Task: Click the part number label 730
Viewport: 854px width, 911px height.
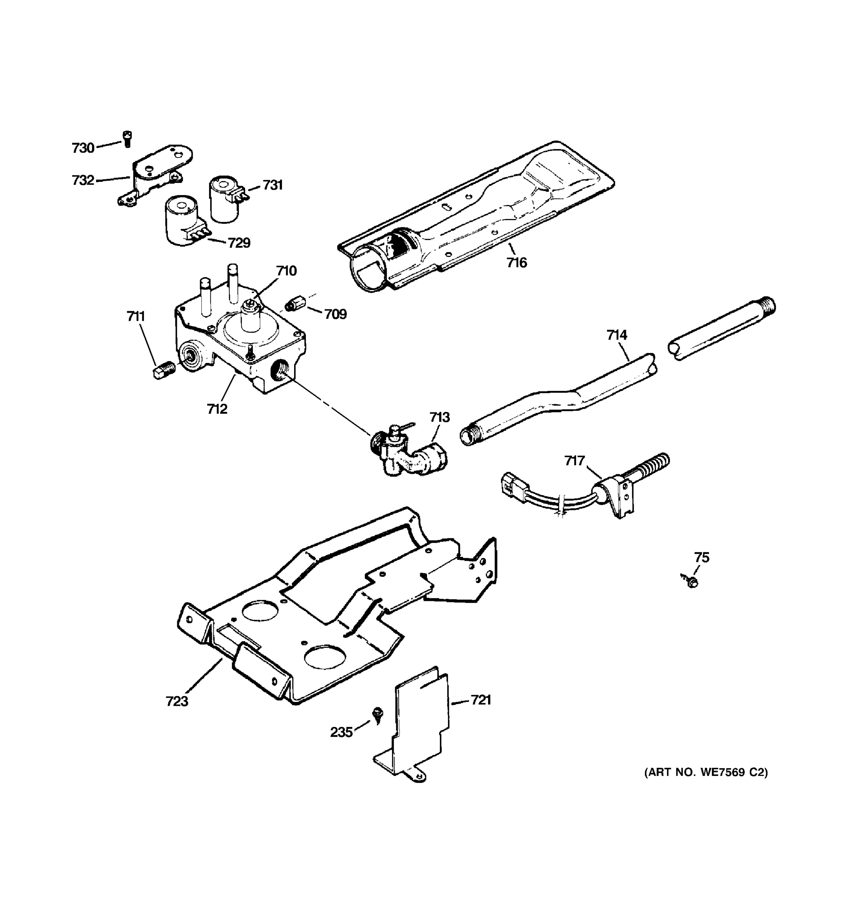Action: tap(83, 148)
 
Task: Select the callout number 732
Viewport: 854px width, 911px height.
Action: tap(83, 180)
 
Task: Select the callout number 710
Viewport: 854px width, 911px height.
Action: tap(286, 271)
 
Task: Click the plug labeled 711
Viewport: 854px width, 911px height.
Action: tap(163, 369)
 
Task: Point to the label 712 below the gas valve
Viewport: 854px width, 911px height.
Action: tap(217, 408)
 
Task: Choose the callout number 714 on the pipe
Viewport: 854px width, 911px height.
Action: tap(617, 335)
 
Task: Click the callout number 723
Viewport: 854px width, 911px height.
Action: tap(177, 701)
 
